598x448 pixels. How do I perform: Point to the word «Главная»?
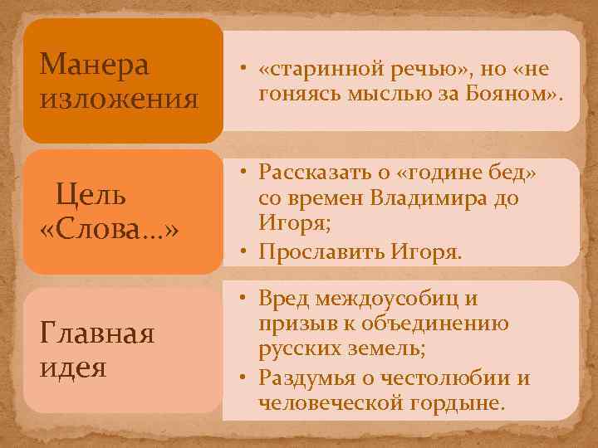click(x=96, y=334)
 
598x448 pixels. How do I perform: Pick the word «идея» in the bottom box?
click(x=73, y=366)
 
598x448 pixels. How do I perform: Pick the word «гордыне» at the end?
click(x=461, y=403)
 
